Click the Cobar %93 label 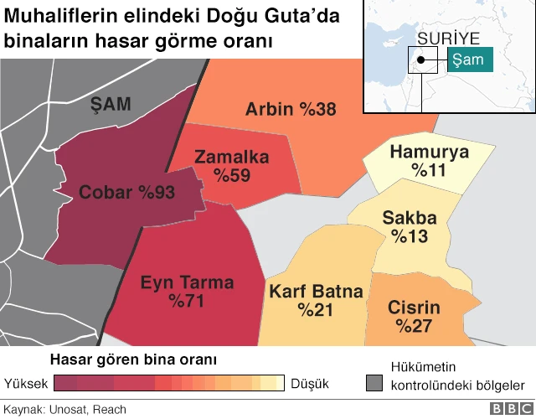click(x=126, y=193)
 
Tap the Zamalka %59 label click(x=232, y=166)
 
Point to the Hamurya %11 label click(x=430, y=161)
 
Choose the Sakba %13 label click(x=409, y=227)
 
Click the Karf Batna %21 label click(x=315, y=301)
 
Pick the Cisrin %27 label click(x=414, y=316)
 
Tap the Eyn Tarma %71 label click(x=187, y=291)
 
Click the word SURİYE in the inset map click(x=448, y=39)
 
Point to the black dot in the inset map click(x=425, y=59)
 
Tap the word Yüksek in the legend click(x=25, y=384)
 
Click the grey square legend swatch click(x=374, y=384)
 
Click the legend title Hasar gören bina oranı click(x=134, y=360)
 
